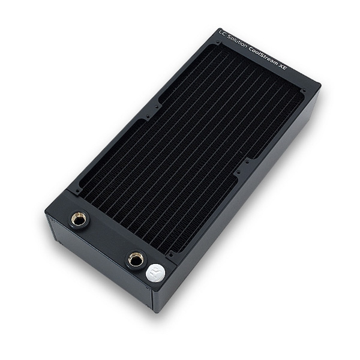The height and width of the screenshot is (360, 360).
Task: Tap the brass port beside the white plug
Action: point(135,260)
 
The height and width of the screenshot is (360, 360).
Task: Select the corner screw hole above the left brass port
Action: point(76,191)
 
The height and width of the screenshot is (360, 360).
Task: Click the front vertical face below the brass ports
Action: point(102,264)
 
